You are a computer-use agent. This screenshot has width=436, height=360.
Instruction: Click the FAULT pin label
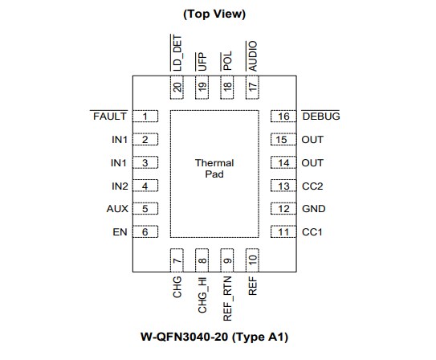click(110, 117)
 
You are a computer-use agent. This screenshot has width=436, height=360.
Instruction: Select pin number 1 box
click(145, 117)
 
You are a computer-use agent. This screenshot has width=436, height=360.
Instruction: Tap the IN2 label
click(119, 186)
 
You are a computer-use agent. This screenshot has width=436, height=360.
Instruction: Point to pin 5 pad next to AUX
click(145, 210)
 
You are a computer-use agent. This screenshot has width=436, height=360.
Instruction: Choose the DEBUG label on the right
click(320, 117)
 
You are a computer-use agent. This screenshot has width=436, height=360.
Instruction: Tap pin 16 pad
click(283, 117)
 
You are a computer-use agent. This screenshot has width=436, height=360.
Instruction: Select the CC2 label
click(312, 186)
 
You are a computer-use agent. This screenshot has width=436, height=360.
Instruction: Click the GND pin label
click(313, 210)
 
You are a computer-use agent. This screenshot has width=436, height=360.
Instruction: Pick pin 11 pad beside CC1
click(283, 233)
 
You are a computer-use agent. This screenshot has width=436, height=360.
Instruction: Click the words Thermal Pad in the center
click(214, 168)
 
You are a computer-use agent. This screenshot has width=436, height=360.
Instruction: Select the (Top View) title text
click(214, 14)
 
